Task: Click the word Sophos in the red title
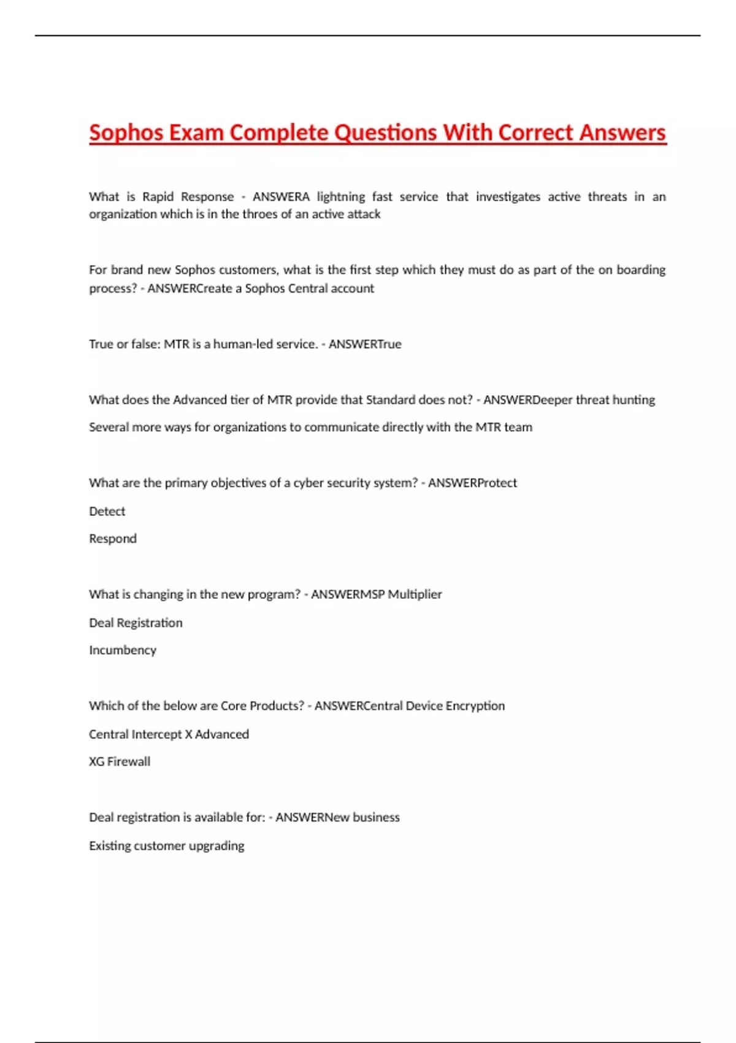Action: coord(126,133)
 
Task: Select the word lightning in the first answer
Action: coord(340,197)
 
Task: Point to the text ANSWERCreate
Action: coord(191,288)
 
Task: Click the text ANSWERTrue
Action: coord(365,344)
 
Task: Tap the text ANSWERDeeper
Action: coord(527,400)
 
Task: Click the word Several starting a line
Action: coord(109,427)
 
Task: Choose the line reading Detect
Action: coord(107,511)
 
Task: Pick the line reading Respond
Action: coord(113,539)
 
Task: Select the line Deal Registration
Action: coord(136,623)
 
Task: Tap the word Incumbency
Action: coord(123,650)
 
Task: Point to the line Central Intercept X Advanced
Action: coord(169,734)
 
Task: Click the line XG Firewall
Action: coord(120,761)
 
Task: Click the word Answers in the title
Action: coord(623,133)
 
